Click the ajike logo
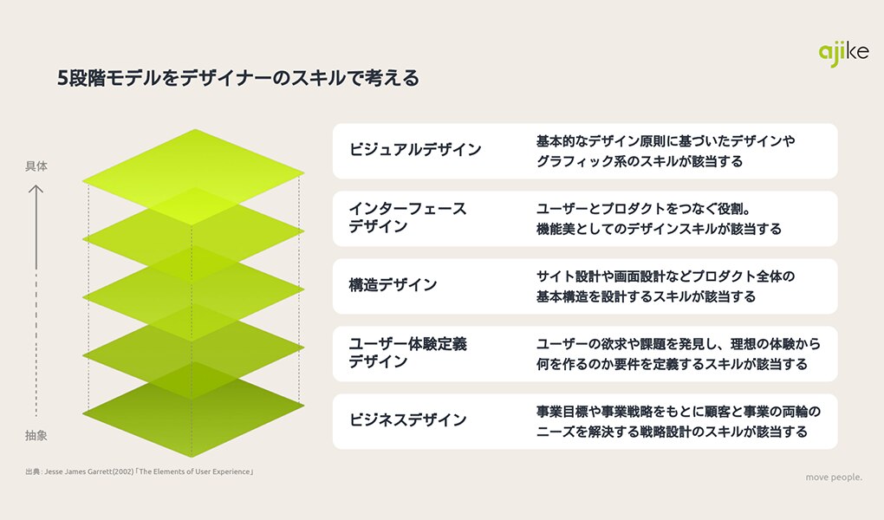pyautogui.click(x=843, y=54)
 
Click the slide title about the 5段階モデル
pyautogui.click(x=238, y=78)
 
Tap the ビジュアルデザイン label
pyautogui.click(x=415, y=149)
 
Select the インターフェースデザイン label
pyautogui.click(x=407, y=218)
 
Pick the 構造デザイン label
pyautogui.click(x=393, y=285)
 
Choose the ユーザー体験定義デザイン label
pyautogui.click(x=407, y=353)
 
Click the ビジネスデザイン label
pyautogui.click(x=407, y=419)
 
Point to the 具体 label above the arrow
pyautogui.click(x=36, y=166)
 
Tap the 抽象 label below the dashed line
pyautogui.click(x=36, y=435)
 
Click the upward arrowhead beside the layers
pyautogui.click(x=36, y=190)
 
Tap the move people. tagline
pyautogui.click(x=834, y=478)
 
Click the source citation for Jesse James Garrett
pyautogui.click(x=140, y=471)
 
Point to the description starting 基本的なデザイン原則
pyautogui.click(x=666, y=151)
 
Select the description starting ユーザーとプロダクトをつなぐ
pyautogui.click(x=659, y=218)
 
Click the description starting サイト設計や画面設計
pyautogui.click(x=666, y=287)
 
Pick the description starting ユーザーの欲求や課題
pyautogui.click(x=679, y=354)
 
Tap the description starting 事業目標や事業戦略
pyautogui.click(x=679, y=421)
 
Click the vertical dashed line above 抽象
pyautogui.click(x=36, y=345)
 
